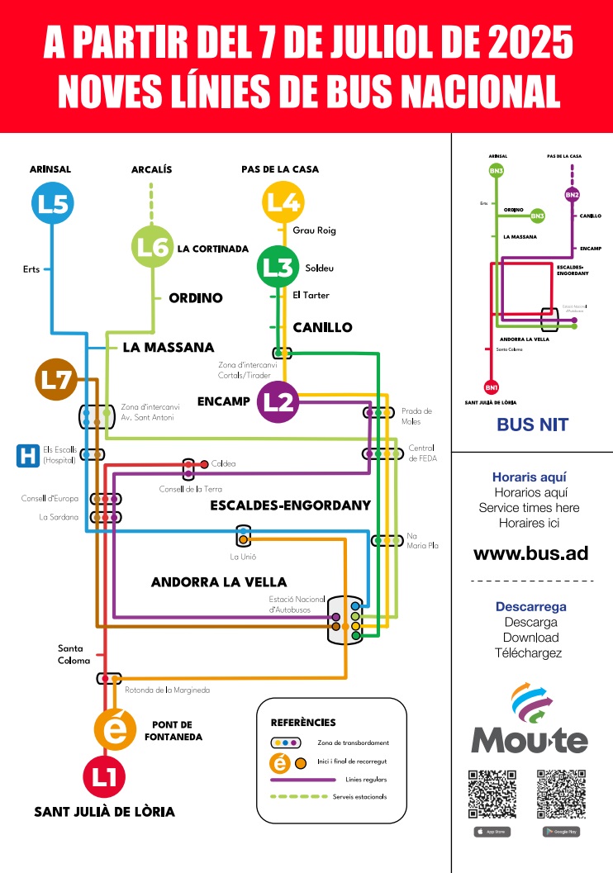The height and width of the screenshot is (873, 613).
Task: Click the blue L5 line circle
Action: pyautogui.click(x=52, y=203)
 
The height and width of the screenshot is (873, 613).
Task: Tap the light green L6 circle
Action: pyautogui.click(x=153, y=246)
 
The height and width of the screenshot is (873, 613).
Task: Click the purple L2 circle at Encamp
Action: pyautogui.click(x=278, y=401)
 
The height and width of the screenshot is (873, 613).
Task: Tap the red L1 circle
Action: pyautogui.click(x=104, y=776)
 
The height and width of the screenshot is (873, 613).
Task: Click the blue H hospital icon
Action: pyautogui.click(x=28, y=455)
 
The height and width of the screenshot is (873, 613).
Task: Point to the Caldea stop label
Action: pyautogui.click(x=223, y=464)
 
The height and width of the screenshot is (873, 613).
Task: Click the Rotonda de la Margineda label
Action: pyautogui.click(x=167, y=690)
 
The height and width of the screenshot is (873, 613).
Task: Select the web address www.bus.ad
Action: pyautogui.click(x=530, y=553)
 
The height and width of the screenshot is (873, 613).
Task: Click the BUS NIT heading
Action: pyautogui.click(x=532, y=426)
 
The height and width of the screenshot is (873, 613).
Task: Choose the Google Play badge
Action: pyautogui.click(x=561, y=831)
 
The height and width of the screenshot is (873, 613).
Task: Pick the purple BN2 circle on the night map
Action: pyautogui.click(x=573, y=195)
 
